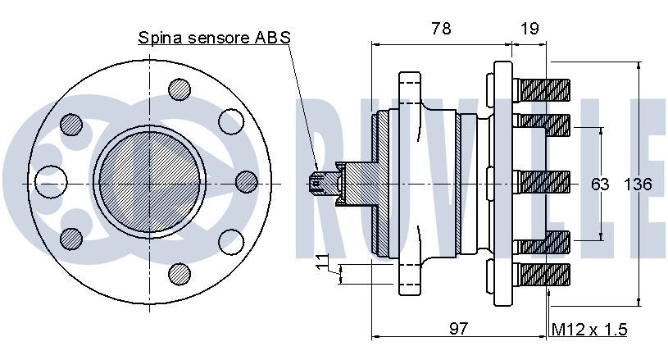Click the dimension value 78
[x=441, y=29]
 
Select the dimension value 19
[x=529, y=29]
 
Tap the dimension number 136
[x=638, y=184]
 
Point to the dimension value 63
[x=601, y=184]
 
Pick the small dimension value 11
[x=322, y=265]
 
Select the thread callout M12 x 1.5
[x=588, y=329]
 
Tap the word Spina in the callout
[x=159, y=38]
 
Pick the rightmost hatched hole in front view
[x=246, y=180]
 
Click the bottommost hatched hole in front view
[x=177, y=271]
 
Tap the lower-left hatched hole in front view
[x=71, y=238]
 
